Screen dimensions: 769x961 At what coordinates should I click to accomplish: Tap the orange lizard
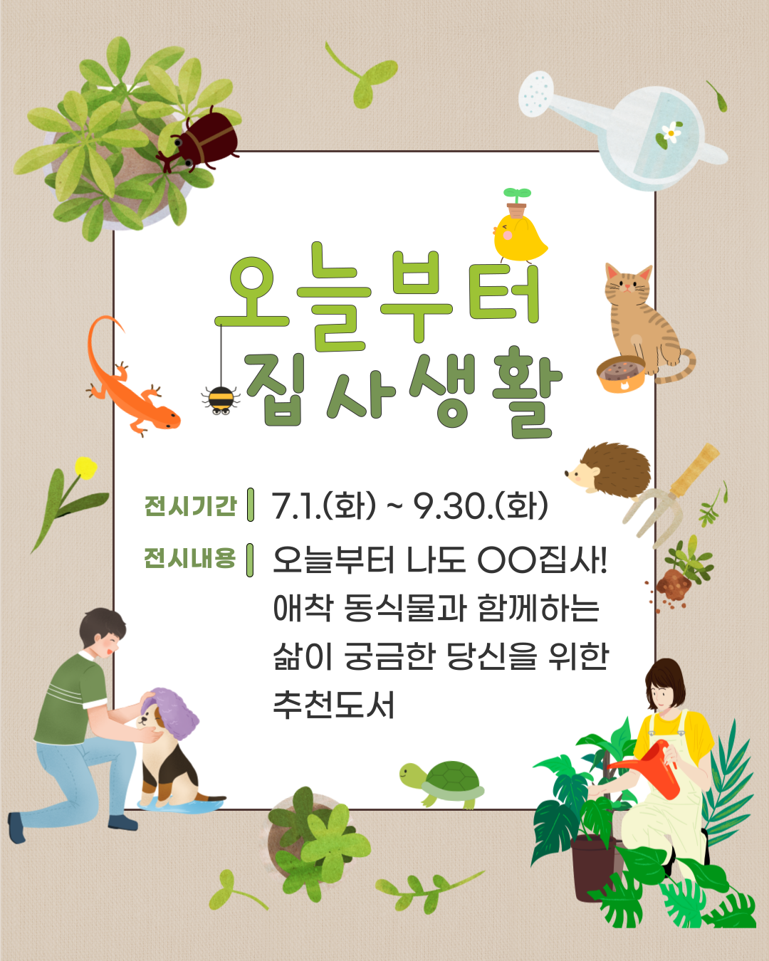(130, 384)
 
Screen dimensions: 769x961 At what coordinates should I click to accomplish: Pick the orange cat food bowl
(621, 374)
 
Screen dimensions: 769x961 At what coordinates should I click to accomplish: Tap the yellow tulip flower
(85, 468)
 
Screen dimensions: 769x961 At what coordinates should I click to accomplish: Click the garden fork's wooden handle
(695, 469)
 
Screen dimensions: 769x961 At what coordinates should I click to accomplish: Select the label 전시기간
(190, 506)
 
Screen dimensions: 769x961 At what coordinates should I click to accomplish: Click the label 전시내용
(189, 558)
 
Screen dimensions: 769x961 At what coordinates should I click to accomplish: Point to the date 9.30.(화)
(481, 506)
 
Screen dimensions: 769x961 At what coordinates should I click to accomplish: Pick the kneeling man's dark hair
(103, 625)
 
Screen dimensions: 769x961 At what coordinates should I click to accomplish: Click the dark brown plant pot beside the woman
(595, 868)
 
